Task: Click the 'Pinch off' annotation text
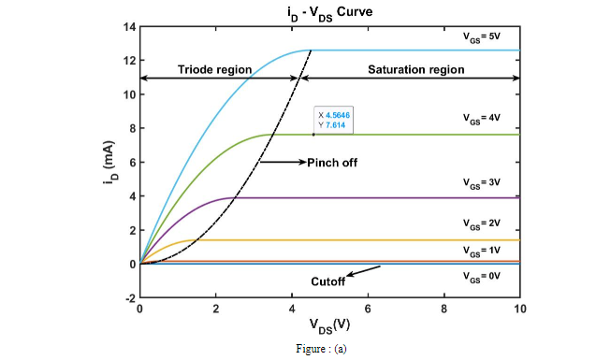[x=332, y=162]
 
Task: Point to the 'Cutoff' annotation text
[x=328, y=281]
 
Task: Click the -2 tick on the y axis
[x=128, y=298]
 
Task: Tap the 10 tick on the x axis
[x=520, y=310]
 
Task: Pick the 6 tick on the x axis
[x=368, y=310]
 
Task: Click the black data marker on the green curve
[x=313, y=135]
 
